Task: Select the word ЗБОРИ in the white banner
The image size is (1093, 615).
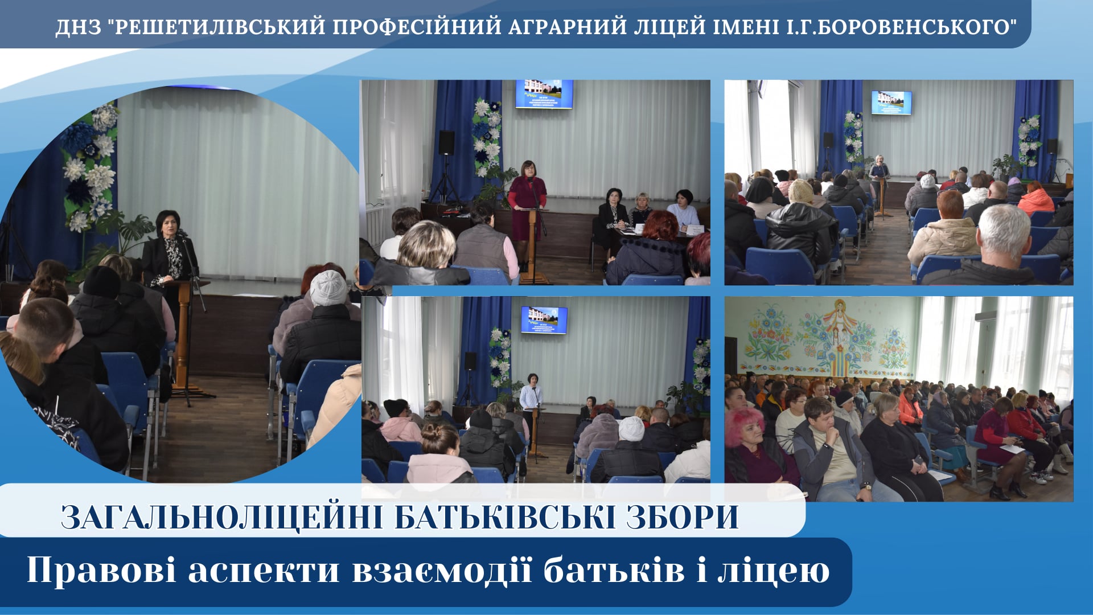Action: click(x=683, y=517)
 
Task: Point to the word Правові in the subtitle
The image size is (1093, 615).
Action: click(x=101, y=570)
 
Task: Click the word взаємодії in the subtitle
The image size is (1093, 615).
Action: click(x=442, y=570)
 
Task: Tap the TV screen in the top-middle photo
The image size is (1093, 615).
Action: click(x=544, y=94)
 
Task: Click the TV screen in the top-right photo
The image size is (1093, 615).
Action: click(x=891, y=102)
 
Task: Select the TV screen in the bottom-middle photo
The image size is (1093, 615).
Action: click(x=544, y=320)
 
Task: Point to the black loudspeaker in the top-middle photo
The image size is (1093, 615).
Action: click(x=446, y=142)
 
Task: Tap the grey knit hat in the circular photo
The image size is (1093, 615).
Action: click(x=328, y=288)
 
